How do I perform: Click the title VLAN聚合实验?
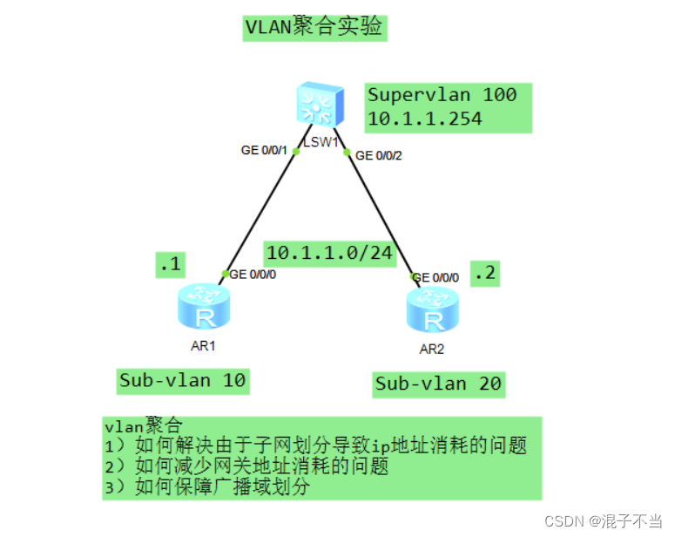[314, 27]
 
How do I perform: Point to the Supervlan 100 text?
[442, 95]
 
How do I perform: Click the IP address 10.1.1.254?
[424, 119]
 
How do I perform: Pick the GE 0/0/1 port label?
[265, 150]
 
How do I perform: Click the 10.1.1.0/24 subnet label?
[329, 253]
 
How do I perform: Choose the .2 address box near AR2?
[484, 273]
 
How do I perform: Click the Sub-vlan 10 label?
[183, 380]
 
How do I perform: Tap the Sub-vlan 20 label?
[438, 384]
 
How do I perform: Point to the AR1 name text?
[203, 346]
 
